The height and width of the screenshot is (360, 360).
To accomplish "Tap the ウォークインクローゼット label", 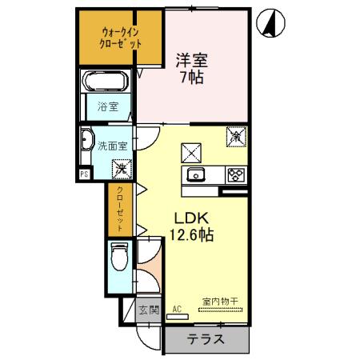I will click(121, 38).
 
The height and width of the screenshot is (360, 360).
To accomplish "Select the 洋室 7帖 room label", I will click(192, 68).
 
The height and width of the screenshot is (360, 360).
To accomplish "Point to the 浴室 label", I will click(107, 106).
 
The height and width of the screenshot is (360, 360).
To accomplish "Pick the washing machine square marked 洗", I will click(120, 168).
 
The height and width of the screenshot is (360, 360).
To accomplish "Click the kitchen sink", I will click(197, 175).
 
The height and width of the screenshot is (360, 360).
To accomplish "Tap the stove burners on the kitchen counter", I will click(235, 175).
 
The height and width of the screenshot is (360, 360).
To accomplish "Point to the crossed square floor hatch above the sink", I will click(191, 150).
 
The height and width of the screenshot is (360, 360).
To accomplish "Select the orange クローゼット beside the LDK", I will click(119, 208).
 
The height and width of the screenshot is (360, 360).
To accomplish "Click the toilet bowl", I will click(119, 258).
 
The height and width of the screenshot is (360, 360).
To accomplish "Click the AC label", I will click(177, 309).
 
